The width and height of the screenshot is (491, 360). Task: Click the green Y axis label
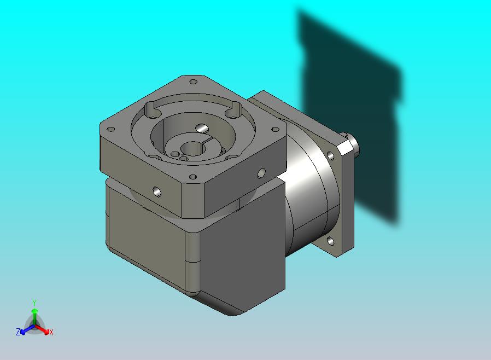pyautogui.click(x=34, y=303)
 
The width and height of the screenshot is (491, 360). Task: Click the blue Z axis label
pyautogui.click(x=18, y=332)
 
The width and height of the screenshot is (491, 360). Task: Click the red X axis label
pyautogui.click(x=51, y=332)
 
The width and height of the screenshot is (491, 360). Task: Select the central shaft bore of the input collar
pyautogui.click(x=191, y=148)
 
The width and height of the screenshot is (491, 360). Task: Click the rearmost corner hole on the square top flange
pyautogui.click(x=194, y=82)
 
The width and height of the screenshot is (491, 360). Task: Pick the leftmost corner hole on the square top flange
pyautogui.click(x=111, y=129)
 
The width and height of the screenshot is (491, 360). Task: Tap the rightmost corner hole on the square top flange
pyautogui.click(x=275, y=129)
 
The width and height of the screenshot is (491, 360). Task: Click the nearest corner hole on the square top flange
pyautogui.click(x=193, y=177)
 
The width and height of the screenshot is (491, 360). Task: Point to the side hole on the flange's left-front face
pyautogui.click(x=157, y=191)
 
